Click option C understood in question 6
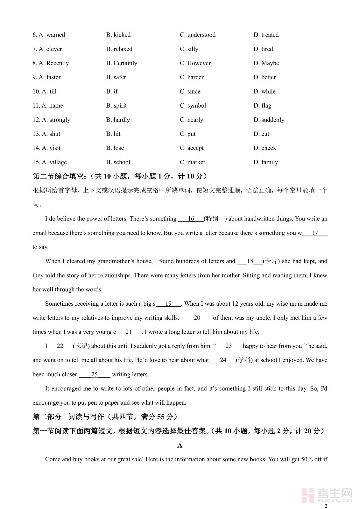[198, 35]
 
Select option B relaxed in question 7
[119, 49]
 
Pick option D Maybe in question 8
[266, 63]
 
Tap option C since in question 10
[190, 92]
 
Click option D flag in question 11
[262, 106]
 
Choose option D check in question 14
[265, 148]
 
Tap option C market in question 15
[192, 162]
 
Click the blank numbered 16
[191, 219]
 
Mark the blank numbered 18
[250, 261]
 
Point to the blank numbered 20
[197, 318]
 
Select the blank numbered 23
[229, 346]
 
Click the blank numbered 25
[95, 374]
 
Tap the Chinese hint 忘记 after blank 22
[81, 346]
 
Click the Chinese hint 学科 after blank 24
[244, 360]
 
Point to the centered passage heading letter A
[180, 445]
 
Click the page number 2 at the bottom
[326, 506]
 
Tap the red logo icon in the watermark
[307, 495]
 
